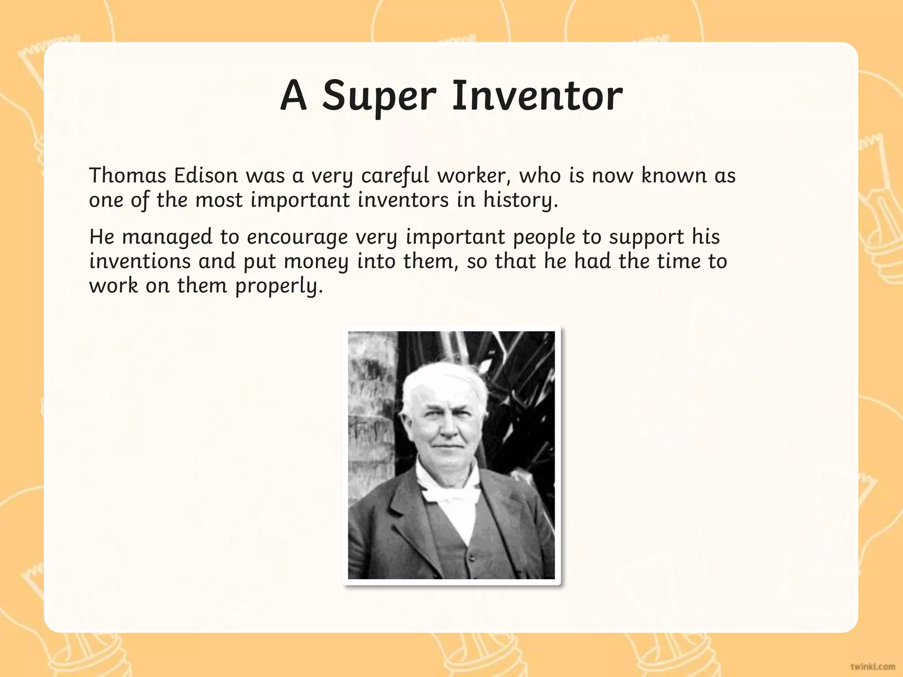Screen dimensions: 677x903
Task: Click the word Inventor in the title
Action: click(537, 95)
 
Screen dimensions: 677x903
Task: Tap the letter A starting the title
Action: click(293, 95)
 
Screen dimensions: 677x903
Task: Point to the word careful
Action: click(395, 175)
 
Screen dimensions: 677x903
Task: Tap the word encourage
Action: click(297, 237)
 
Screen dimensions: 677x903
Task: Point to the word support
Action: click(646, 237)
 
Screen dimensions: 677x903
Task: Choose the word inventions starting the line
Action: click(140, 261)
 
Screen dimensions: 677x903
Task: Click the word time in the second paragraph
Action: click(679, 261)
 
